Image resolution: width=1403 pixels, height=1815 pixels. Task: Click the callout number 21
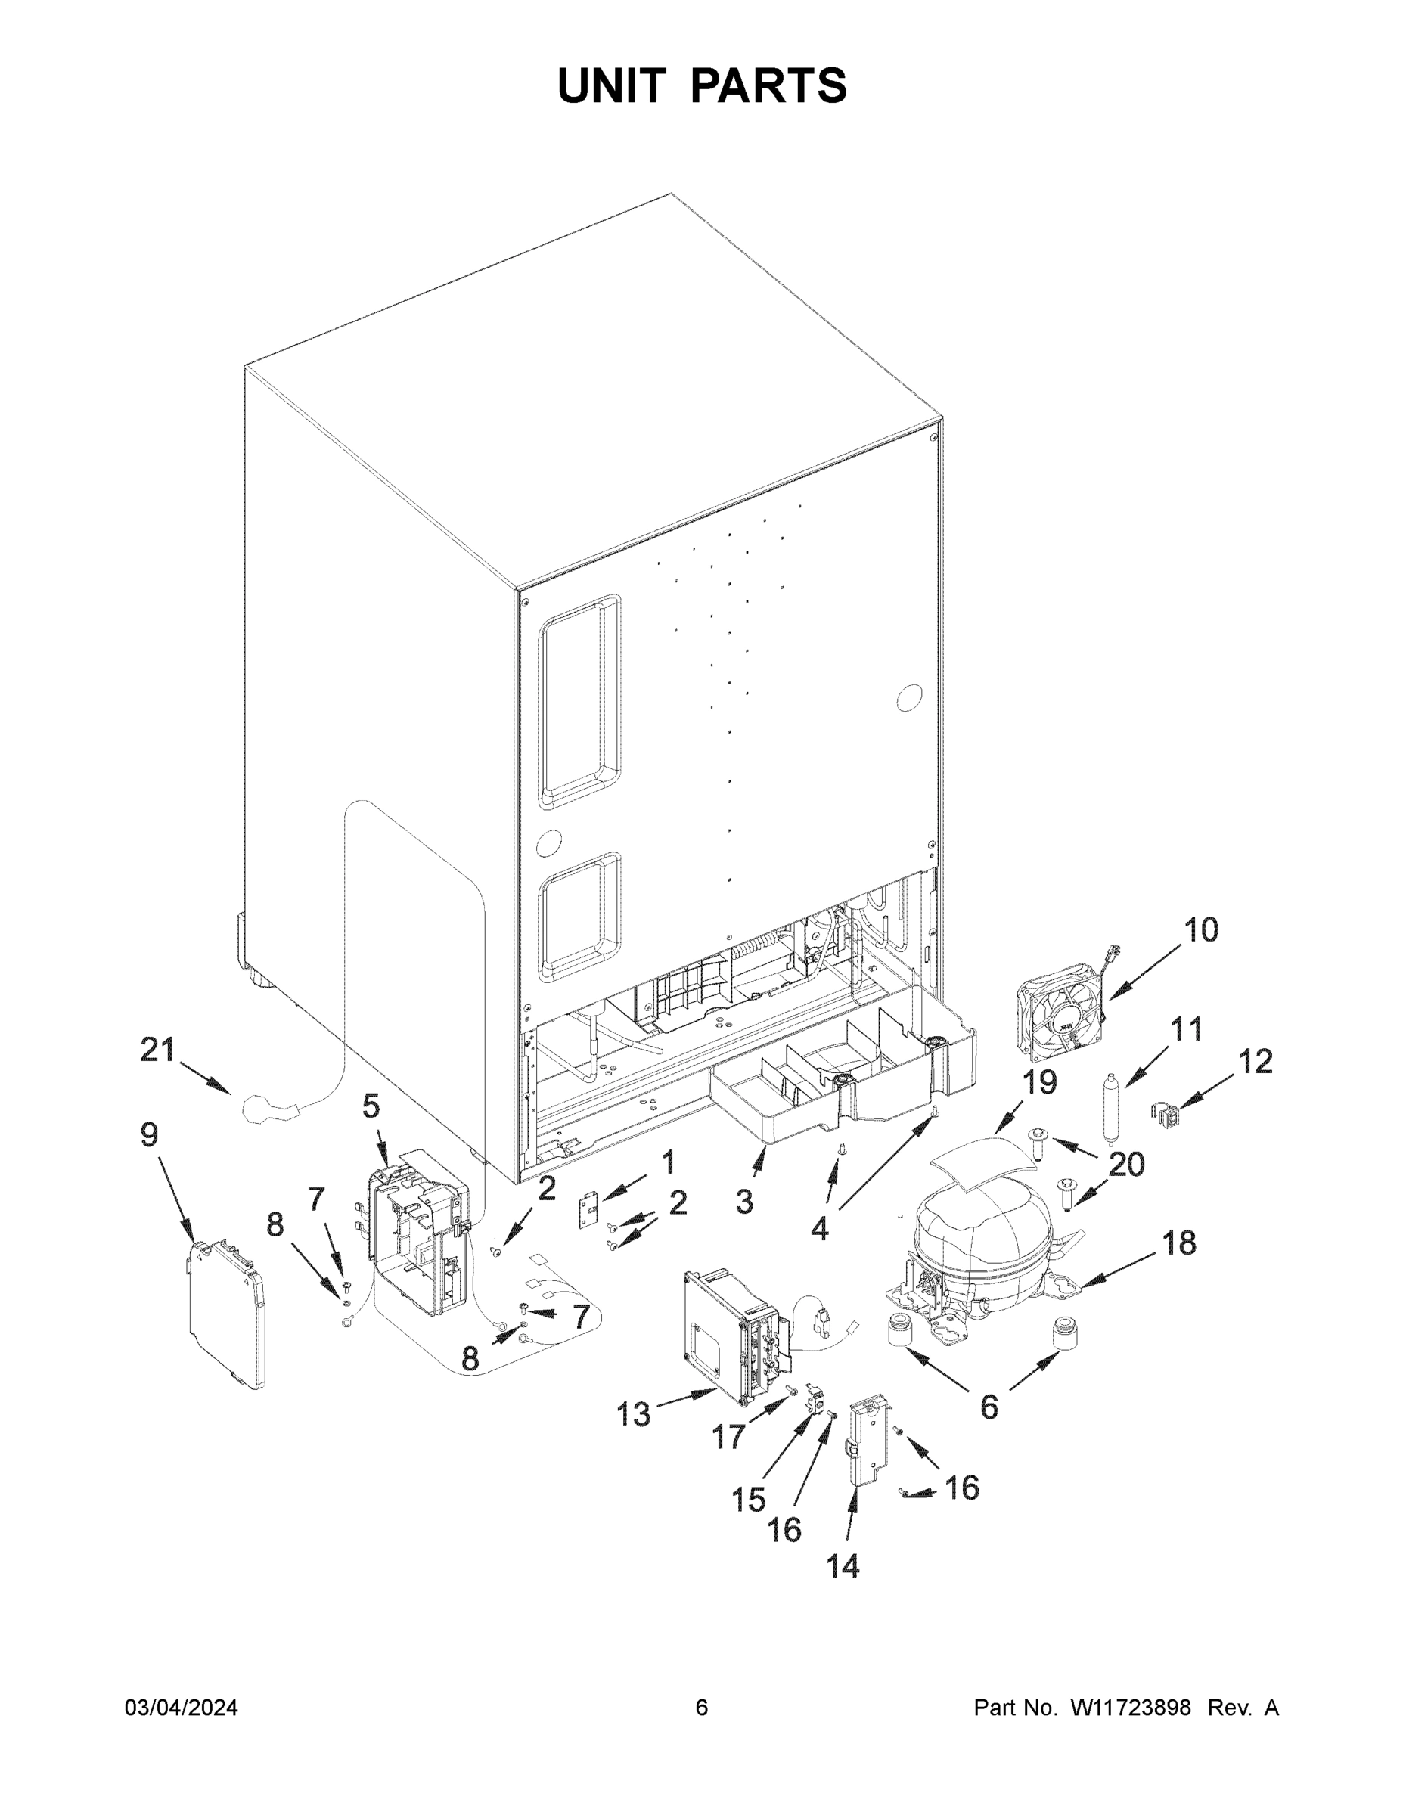(157, 1050)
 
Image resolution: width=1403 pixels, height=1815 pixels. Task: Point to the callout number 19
(1039, 1083)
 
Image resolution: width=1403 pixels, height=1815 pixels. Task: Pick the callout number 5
(371, 1106)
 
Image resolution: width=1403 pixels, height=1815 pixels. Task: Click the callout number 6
(989, 1407)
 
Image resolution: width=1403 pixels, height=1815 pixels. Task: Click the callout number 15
(748, 1498)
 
